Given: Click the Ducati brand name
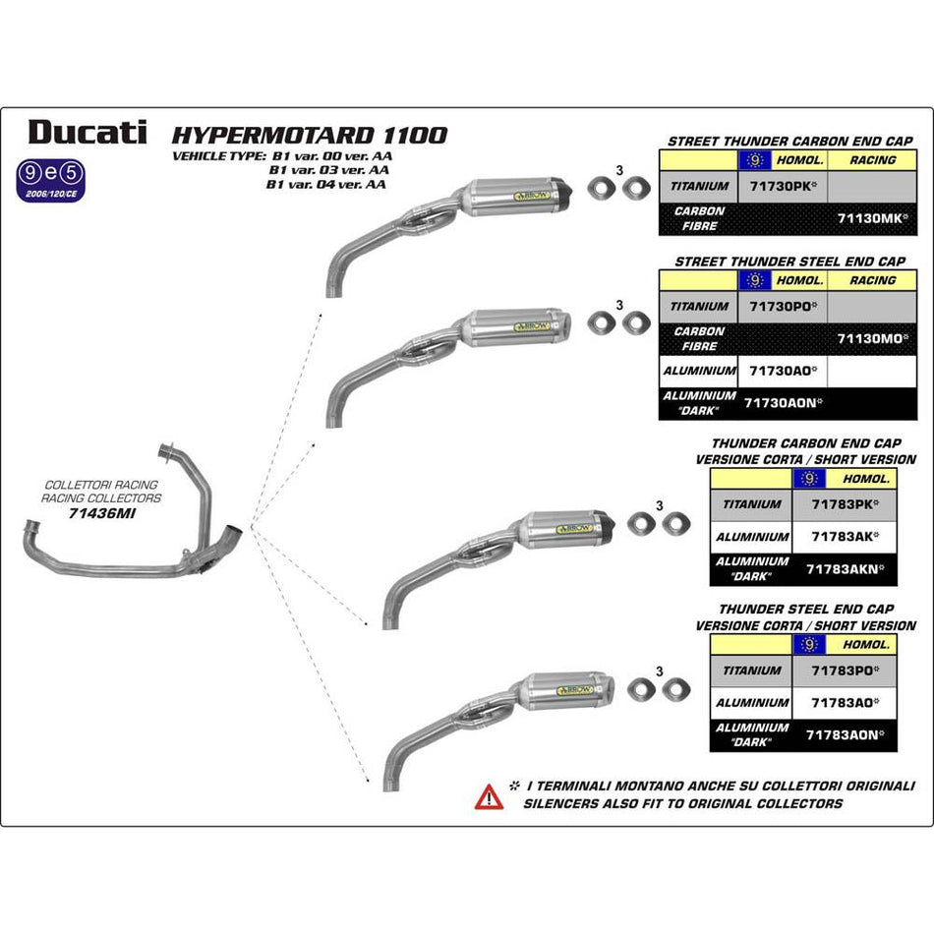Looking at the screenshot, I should [x=88, y=132].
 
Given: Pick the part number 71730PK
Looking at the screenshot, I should [x=781, y=186].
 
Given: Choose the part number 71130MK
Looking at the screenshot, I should [x=871, y=218].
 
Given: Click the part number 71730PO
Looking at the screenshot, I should [x=781, y=307].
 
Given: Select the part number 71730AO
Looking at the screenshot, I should [x=781, y=372].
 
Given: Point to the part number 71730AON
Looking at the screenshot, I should [x=783, y=402].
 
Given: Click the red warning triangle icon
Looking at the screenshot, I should [x=489, y=795].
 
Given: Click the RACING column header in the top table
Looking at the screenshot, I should [x=872, y=159].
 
